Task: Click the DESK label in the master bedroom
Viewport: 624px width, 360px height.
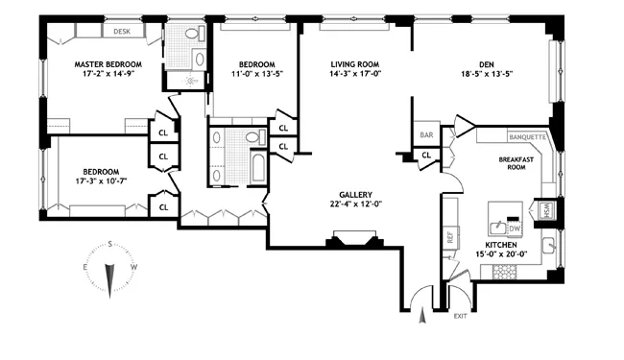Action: (122, 31)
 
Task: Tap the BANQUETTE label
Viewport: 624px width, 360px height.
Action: (527, 137)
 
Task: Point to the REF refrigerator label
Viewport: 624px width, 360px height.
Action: (449, 234)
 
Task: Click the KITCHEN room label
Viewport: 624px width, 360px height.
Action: (506, 246)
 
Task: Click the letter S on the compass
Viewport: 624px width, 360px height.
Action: (110, 243)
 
